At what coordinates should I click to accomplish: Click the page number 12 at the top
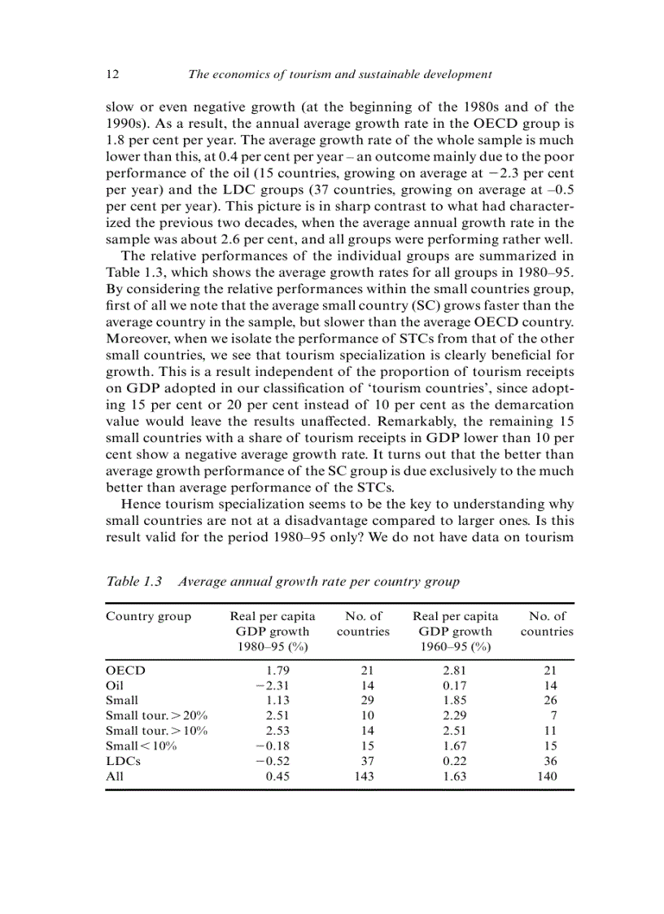pyautogui.click(x=113, y=74)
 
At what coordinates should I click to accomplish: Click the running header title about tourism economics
pyautogui.click(x=339, y=74)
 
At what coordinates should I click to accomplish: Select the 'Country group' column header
pyautogui.click(x=148, y=616)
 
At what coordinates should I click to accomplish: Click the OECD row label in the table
pyautogui.click(x=125, y=671)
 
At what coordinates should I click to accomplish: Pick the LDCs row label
pyautogui.click(x=124, y=762)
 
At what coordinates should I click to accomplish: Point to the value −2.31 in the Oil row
pyautogui.click(x=273, y=685)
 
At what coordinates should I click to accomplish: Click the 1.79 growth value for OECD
pyautogui.click(x=278, y=671)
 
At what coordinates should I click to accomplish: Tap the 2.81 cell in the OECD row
pyautogui.click(x=455, y=671)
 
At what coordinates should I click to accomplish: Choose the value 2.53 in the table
pyautogui.click(x=278, y=731)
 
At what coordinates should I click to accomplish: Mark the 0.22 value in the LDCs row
pyautogui.click(x=455, y=762)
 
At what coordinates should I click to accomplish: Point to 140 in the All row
pyautogui.click(x=547, y=776)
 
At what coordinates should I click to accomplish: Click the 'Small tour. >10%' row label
pyautogui.click(x=157, y=731)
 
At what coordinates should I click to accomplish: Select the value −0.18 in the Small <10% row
pyautogui.click(x=273, y=746)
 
